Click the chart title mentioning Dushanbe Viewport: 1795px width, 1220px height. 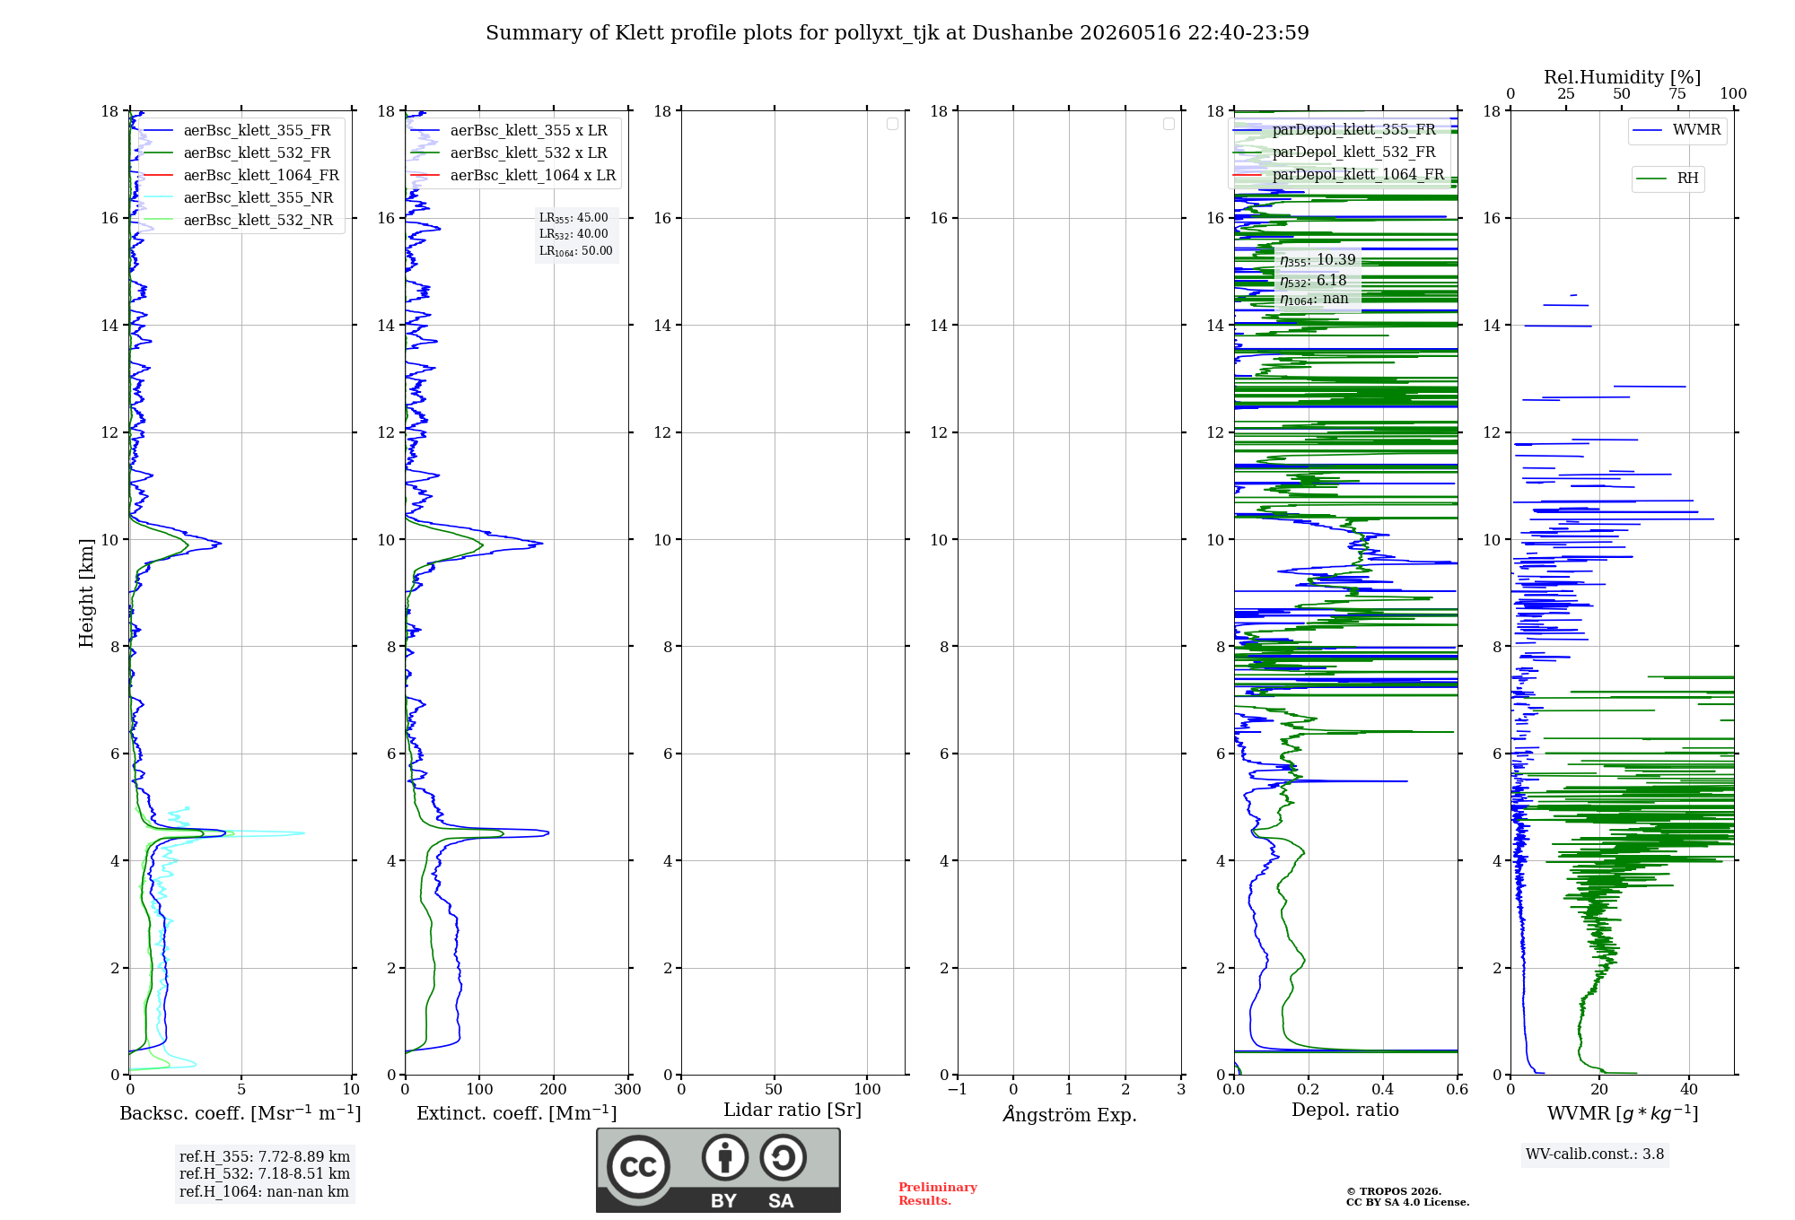coord(897,33)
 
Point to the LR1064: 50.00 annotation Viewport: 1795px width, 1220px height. coord(576,251)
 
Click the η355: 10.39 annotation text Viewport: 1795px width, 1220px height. coord(1318,260)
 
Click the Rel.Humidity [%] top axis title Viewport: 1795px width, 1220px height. coord(1622,77)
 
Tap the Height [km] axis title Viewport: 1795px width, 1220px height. coord(86,593)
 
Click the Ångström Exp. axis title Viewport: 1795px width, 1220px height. coord(1070,1114)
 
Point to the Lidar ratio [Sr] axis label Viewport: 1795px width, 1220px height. coord(792,1110)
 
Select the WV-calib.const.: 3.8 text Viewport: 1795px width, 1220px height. coord(1595,1155)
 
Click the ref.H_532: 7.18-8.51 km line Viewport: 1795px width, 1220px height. coord(265,1173)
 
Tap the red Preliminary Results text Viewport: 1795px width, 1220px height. coord(938,1194)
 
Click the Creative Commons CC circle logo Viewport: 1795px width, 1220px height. coord(638,1167)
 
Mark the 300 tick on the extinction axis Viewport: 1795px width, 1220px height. coord(627,1089)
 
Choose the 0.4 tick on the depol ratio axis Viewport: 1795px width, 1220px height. coord(1383,1089)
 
